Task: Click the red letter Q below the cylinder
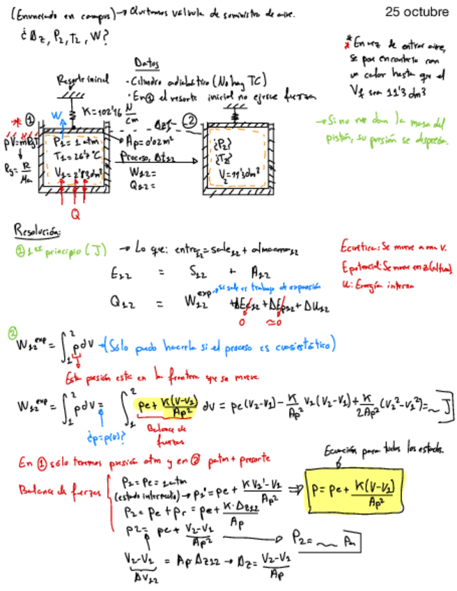coord(75,215)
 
